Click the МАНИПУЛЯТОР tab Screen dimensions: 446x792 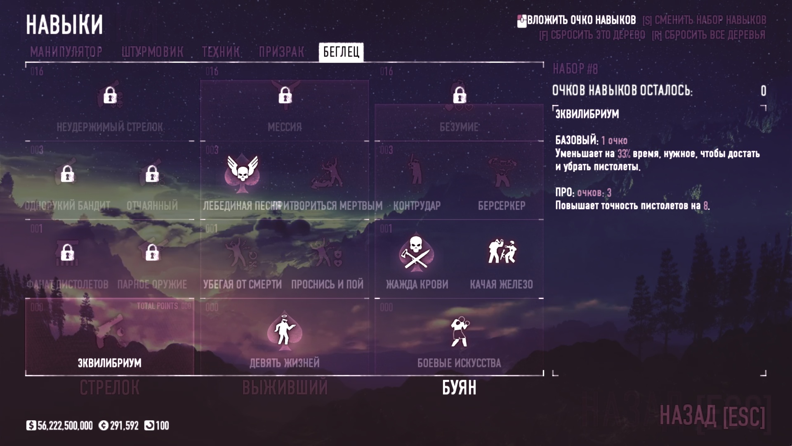click(x=66, y=52)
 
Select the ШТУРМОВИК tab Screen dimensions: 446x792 click(x=152, y=52)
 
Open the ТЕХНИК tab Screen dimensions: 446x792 click(x=221, y=52)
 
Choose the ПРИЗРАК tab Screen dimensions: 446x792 click(x=281, y=52)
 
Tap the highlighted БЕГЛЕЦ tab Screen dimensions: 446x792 click(x=341, y=52)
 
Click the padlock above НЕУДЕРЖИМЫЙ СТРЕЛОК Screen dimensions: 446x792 click(x=110, y=96)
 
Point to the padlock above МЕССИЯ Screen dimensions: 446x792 click(x=285, y=96)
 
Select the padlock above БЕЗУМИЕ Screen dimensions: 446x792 click(x=459, y=96)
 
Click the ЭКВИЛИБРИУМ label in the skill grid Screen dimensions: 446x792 click(x=110, y=363)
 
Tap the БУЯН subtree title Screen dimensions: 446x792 click(x=459, y=388)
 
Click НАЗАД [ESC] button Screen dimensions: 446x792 click(x=712, y=415)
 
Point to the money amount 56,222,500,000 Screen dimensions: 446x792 click(x=65, y=426)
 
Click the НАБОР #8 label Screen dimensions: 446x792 click(x=575, y=69)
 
